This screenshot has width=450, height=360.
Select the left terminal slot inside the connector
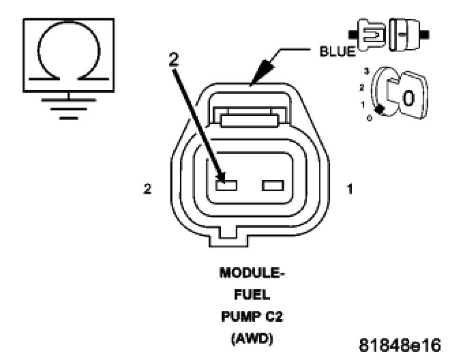tap(226, 185)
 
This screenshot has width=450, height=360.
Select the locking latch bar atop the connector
tap(250, 120)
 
